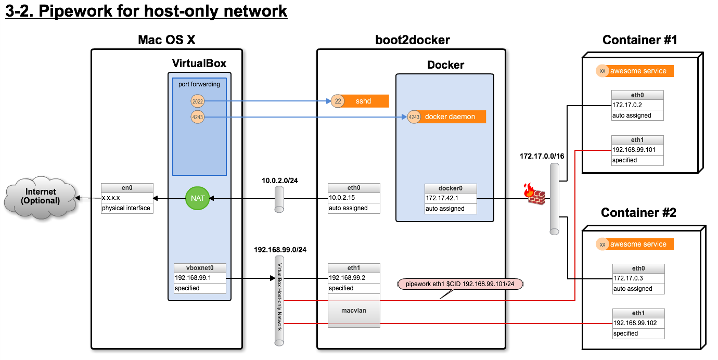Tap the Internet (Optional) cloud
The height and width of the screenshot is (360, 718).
tap(40, 197)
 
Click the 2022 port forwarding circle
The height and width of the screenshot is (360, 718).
tap(197, 101)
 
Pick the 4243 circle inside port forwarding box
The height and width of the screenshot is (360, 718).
tap(197, 117)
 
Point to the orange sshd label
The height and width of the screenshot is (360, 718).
tap(364, 101)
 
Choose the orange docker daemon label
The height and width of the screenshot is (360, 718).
tap(450, 117)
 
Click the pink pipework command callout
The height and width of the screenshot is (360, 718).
tap(460, 284)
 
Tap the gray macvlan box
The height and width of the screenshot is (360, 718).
tap(354, 311)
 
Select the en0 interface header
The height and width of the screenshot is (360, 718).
tap(127, 188)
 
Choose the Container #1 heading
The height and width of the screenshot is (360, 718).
tap(639, 40)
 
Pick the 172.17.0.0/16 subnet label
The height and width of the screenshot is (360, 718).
tap(542, 156)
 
